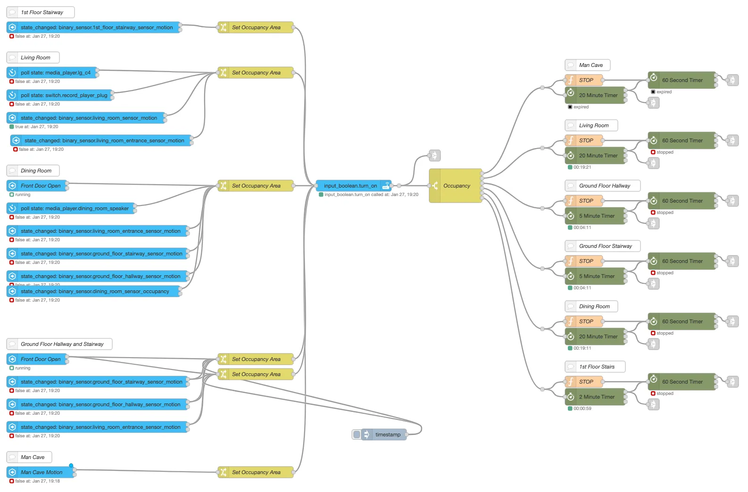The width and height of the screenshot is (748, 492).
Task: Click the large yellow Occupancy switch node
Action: coord(456,186)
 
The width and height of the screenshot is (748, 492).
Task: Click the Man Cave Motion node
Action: coord(41,472)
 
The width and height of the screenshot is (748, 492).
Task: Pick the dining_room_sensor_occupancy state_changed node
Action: coord(94,291)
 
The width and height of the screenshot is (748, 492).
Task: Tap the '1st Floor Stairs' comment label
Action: coord(596,367)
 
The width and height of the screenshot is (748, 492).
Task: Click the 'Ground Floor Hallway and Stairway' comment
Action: coord(61,344)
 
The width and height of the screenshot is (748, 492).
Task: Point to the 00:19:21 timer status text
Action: coord(582,167)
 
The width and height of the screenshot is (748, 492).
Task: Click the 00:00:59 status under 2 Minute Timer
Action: coord(582,409)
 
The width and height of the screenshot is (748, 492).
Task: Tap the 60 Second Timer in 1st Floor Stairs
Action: coord(682,382)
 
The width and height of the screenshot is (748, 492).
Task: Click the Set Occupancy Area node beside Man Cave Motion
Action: coord(256,472)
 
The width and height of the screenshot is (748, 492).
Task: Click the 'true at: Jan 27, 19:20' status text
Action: coord(36,127)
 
